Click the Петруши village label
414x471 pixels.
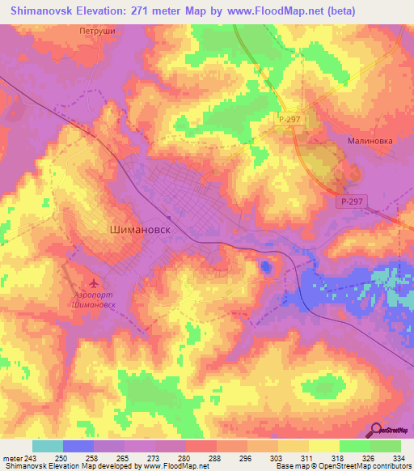(98, 32)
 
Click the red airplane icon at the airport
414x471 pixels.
(95, 284)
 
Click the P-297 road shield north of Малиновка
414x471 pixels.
(289, 119)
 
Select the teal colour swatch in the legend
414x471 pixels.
(48, 446)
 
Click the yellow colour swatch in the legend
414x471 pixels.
(324, 446)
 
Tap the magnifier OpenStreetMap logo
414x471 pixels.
(377, 430)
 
